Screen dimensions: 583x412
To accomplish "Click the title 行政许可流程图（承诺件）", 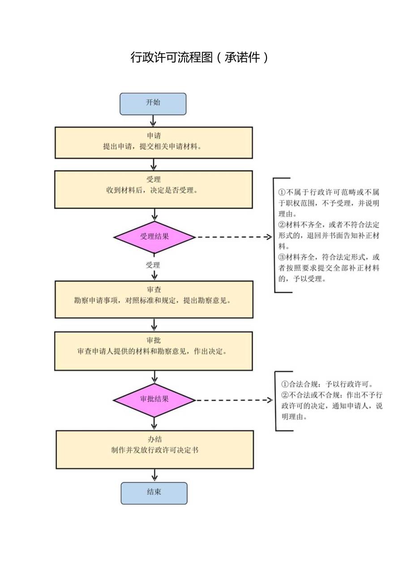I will (x=199, y=57).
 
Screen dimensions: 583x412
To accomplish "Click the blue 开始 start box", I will (x=153, y=104).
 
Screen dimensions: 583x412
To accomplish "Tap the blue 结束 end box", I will (x=154, y=493).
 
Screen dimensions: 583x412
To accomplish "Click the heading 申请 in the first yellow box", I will (x=154, y=136).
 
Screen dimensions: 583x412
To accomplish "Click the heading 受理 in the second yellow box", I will (x=154, y=179).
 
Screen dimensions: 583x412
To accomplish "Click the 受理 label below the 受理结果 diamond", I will (x=153, y=265).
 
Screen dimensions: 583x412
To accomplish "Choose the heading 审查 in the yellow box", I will (x=154, y=290).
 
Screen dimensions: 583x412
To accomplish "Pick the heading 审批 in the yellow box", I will (x=154, y=341).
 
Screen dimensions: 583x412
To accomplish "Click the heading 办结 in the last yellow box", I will (x=154, y=440).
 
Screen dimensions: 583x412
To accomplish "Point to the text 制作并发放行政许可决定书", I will (x=154, y=450).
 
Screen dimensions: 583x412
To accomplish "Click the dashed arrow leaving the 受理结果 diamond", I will (x=233, y=237).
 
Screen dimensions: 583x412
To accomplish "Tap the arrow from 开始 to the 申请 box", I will (x=153, y=121).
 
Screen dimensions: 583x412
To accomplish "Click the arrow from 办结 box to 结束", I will (x=154, y=475).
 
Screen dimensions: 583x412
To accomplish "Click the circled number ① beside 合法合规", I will (x=284, y=384).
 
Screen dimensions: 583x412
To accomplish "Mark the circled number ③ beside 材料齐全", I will (x=282, y=257).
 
